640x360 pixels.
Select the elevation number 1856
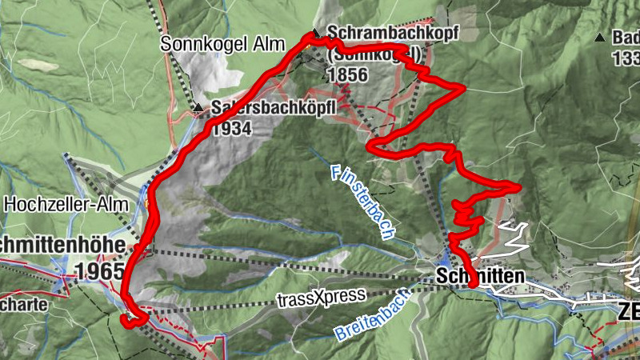(347, 75)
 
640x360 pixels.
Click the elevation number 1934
(232, 127)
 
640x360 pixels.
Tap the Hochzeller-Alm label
(66, 204)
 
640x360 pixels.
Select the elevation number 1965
(101, 270)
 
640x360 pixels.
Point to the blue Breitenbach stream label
(372, 314)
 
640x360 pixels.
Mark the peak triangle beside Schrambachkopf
(316, 34)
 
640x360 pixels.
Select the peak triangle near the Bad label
(599, 37)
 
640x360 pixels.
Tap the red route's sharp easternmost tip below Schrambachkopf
(462, 88)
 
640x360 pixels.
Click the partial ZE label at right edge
(629, 312)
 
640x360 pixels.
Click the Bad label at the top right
(625, 38)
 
